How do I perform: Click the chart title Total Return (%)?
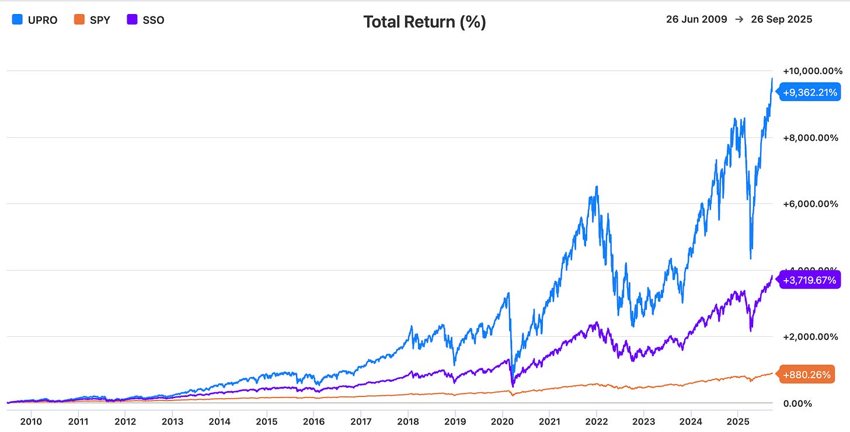[x=424, y=22]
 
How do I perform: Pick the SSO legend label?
[x=154, y=20]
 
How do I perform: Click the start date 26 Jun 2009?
[x=696, y=19]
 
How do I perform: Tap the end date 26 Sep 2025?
[x=779, y=19]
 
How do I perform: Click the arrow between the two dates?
[x=738, y=19]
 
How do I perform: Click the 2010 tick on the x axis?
[x=31, y=421]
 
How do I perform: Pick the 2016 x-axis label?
[x=313, y=421]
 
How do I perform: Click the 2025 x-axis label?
[x=737, y=421]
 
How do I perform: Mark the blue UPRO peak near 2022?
[x=596, y=187]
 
